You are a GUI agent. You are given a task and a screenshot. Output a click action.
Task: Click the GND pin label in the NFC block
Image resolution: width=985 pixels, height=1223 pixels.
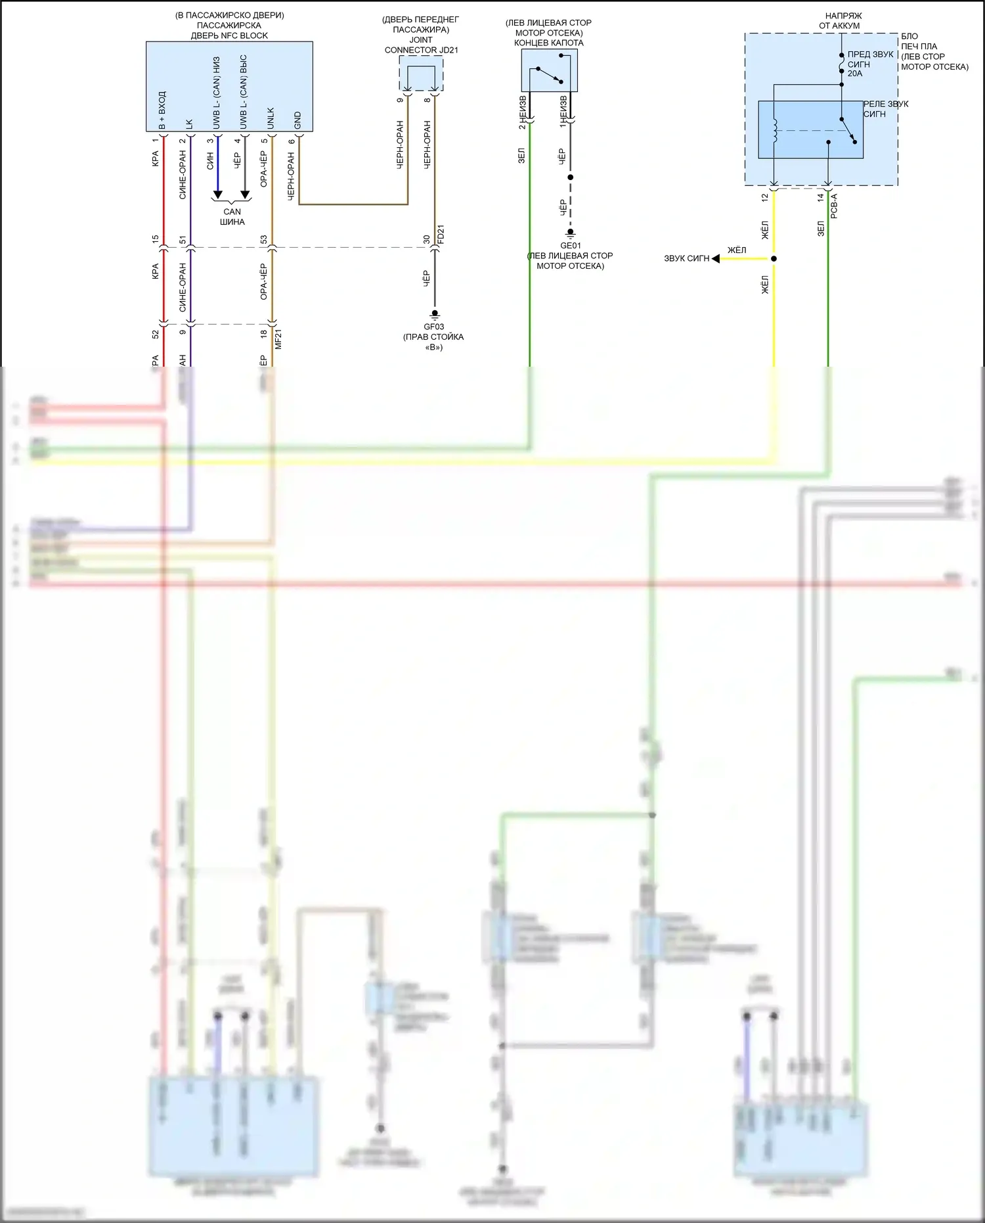point(297,120)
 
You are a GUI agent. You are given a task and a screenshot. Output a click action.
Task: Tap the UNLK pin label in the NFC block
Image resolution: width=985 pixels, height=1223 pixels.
point(271,118)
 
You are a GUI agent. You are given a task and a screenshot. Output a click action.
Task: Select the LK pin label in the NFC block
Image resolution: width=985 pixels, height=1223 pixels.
point(189,123)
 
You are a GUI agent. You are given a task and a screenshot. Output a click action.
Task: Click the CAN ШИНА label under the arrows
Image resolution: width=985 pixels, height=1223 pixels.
point(232,217)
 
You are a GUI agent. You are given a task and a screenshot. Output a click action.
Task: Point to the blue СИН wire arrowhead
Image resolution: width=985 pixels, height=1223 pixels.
point(217,195)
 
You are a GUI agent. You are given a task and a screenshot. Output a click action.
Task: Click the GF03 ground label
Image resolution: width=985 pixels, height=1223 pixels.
point(433,327)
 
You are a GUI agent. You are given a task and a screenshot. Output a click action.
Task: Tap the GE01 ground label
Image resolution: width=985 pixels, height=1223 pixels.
point(570,246)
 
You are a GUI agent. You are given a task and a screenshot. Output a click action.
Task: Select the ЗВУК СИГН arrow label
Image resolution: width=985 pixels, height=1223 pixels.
point(686,258)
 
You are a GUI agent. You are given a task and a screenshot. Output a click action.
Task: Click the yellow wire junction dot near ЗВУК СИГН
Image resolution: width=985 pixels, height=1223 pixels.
point(774,258)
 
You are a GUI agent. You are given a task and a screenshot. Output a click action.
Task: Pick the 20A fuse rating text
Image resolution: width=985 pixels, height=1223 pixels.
point(855,74)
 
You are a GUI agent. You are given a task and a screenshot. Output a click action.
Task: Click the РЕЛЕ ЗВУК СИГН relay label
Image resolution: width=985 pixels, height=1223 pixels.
point(885,109)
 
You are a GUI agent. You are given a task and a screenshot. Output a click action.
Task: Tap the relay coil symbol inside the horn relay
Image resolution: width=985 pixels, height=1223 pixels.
point(775,130)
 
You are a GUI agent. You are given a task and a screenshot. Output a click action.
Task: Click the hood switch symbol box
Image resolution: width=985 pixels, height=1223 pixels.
point(549,71)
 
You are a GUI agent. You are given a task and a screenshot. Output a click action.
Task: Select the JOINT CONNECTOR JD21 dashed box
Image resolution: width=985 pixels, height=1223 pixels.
point(421,73)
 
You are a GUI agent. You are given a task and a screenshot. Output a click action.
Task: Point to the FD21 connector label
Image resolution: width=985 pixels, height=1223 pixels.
point(441,235)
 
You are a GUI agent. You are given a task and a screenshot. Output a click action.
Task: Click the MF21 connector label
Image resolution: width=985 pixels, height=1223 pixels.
point(278,339)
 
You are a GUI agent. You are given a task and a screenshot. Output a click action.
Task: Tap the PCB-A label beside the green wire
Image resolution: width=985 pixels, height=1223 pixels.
point(834,206)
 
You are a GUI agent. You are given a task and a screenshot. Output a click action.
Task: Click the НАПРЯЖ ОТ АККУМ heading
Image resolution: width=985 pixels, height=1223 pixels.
point(839,20)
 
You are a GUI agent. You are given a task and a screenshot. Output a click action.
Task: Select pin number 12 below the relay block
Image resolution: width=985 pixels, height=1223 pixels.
point(765,197)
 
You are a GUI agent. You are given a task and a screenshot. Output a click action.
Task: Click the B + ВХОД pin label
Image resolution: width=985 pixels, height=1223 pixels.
point(162,110)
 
